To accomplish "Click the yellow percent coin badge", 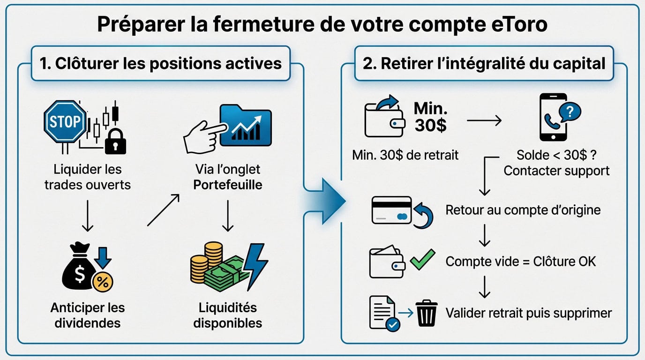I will [x=103, y=283].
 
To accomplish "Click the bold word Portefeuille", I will [x=228, y=184].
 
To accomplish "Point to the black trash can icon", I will [x=427, y=314].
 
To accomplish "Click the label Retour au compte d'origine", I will [x=523, y=210].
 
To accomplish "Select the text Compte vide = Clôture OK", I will [x=520, y=261].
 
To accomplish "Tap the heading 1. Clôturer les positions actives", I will [x=161, y=63].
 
